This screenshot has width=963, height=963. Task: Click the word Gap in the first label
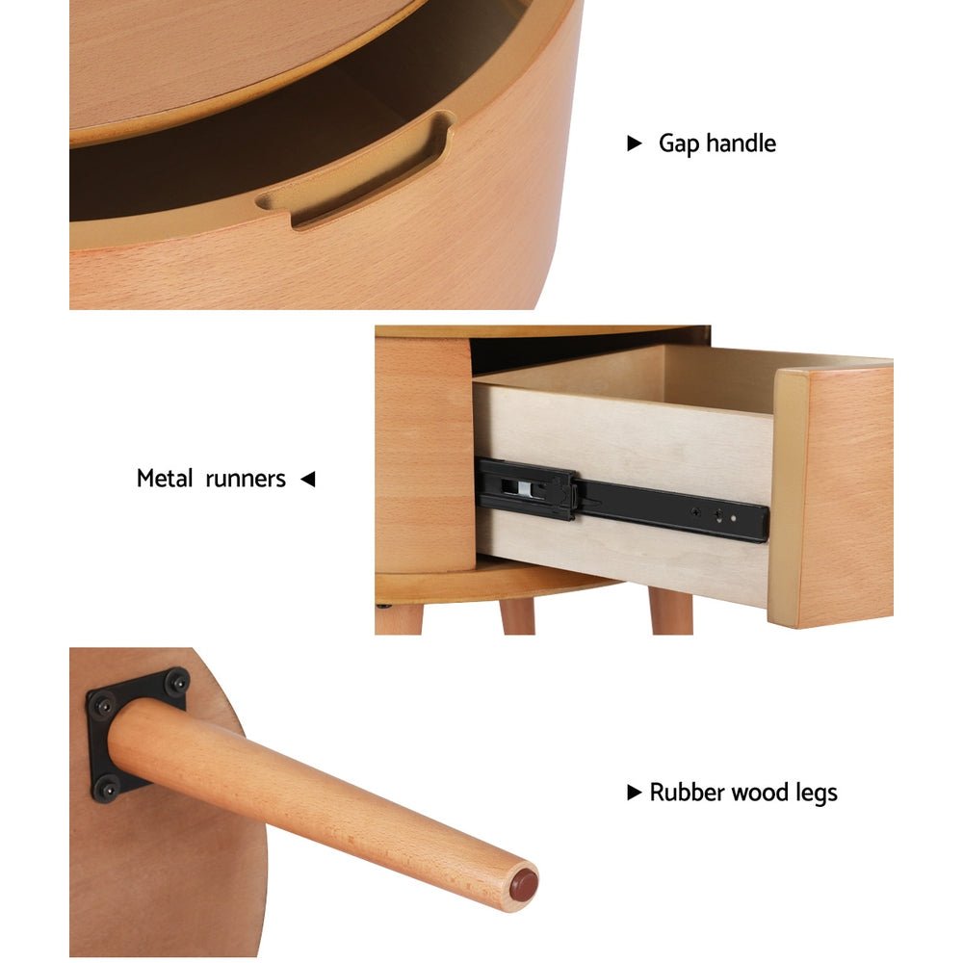click(679, 144)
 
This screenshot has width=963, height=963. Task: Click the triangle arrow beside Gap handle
click(634, 143)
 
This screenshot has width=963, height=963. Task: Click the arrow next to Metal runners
click(307, 479)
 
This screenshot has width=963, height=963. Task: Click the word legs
click(817, 793)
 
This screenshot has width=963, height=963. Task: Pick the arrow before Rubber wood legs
click(634, 793)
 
